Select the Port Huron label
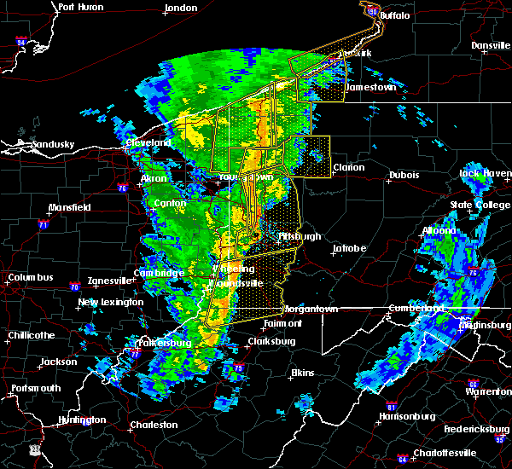tap(81, 7)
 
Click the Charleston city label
tap(154, 425)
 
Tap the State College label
tap(479, 205)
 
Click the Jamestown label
tap(370, 87)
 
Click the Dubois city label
tap(404, 175)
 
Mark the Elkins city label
tap(302, 373)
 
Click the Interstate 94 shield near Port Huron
tap(20, 41)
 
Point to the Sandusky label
tap(49, 144)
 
